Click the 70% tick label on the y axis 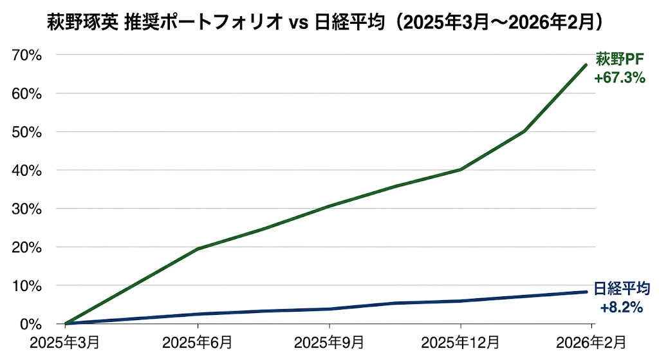click(27, 55)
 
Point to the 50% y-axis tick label click(27, 132)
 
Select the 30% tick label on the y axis click(27, 209)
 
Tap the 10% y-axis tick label click(27, 285)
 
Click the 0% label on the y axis click(30, 323)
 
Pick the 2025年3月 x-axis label click(66, 342)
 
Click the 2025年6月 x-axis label click(198, 342)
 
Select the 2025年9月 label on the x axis click(329, 342)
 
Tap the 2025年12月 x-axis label click(461, 342)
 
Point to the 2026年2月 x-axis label click(591, 342)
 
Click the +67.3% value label click(619, 78)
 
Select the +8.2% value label click(621, 307)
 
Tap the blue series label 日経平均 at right click(621, 290)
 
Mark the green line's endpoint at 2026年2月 click(586, 65)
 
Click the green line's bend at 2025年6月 click(198, 249)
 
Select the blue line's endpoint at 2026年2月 click(586, 292)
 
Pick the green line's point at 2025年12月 click(461, 169)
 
